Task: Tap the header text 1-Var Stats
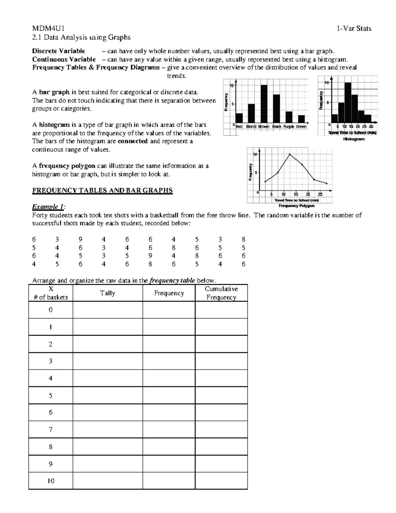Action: [x=354, y=29]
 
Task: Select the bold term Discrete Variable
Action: [x=58, y=51]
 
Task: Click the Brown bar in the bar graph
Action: [x=264, y=104]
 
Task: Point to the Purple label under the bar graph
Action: [x=289, y=127]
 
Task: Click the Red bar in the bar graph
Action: [x=239, y=118]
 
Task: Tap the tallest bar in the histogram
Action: [x=347, y=102]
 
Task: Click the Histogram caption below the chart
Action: [x=354, y=139]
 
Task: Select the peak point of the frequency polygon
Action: [x=289, y=154]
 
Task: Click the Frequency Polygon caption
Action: [x=296, y=205]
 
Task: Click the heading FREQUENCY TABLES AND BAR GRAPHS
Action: [x=102, y=190]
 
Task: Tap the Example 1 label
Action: [x=48, y=207]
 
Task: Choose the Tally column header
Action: [x=108, y=293]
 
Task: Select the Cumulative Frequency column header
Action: [x=221, y=293]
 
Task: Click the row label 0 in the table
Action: [x=50, y=310]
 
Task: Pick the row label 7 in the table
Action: [x=50, y=429]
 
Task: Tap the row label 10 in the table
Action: [x=50, y=481]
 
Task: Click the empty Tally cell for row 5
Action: [x=108, y=395]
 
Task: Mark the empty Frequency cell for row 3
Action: [x=169, y=361]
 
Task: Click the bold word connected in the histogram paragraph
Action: [x=132, y=141]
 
